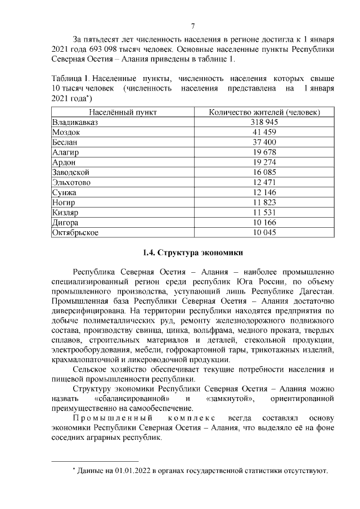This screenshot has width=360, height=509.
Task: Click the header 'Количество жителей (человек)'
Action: tap(264, 112)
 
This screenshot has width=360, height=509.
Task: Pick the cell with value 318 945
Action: tap(264, 122)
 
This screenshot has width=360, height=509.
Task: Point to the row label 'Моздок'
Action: tap(66, 132)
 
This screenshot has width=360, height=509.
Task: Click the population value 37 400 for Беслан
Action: tap(264, 142)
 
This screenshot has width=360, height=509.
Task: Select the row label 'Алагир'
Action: tap(65, 152)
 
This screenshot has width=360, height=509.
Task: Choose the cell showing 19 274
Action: tap(264, 163)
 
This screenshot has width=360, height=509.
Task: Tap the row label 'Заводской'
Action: tap(70, 173)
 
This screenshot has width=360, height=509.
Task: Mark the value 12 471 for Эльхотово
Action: tap(264, 183)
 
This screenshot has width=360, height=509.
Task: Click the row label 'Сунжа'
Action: tap(64, 193)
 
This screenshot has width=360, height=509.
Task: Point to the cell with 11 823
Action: tap(264, 202)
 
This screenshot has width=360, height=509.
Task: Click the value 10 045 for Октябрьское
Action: tap(264, 233)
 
